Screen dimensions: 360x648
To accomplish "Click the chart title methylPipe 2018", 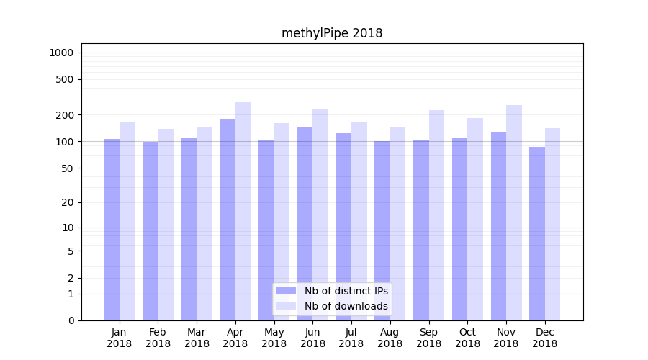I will pyautogui.click(x=332, y=33).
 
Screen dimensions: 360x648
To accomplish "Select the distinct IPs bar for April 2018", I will pyautogui.click(x=228, y=220).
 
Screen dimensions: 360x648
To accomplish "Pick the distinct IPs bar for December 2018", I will pyautogui.click(x=537, y=233).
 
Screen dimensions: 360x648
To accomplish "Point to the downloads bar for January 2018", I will pyautogui.click(x=127, y=221).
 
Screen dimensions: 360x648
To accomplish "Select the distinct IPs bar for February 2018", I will pyautogui.click(x=150, y=230).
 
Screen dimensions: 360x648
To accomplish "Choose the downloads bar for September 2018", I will pyautogui.click(x=436, y=215).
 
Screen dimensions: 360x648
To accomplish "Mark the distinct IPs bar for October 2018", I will pyautogui.click(x=460, y=229).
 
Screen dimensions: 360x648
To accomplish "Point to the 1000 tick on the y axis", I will pyautogui.click(x=61, y=53).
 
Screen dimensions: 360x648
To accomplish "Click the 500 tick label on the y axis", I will pyautogui.click(x=64, y=79).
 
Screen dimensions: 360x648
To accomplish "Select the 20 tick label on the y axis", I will pyautogui.click(x=67, y=202).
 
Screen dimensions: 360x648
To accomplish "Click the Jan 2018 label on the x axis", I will pyautogui.click(x=120, y=338).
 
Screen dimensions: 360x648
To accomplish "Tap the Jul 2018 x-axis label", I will pyautogui.click(x=351, y=338).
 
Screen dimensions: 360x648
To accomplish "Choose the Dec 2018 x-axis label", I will pyautogui.click(x=545, y=338).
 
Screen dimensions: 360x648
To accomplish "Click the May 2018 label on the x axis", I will pyautogui.click(x=274, y=338).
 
